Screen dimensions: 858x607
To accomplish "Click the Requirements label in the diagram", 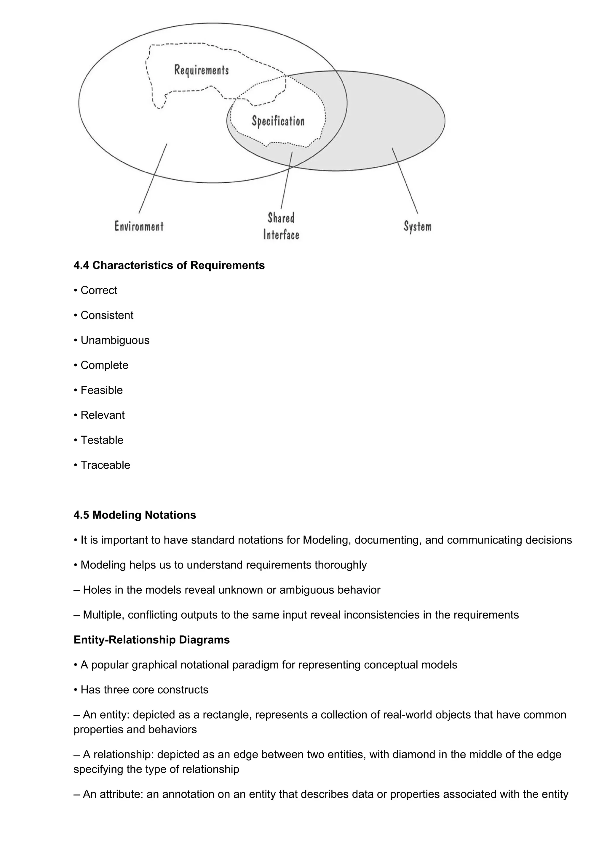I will coord(201,70).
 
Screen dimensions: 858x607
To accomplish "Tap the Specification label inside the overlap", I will coord(278,121).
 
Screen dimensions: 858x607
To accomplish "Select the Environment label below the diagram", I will coord(139,226).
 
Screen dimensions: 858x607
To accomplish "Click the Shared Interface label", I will coord(281,226).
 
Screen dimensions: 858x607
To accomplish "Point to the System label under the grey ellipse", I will coord(417,226).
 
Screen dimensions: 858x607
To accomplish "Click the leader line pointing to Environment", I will coord(153,179).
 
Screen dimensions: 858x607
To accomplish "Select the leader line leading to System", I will coord(405,181).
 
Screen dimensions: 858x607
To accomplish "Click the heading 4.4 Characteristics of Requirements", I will coord(169,265).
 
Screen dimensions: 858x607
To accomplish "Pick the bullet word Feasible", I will coord(101,390).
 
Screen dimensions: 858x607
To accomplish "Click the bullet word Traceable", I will coord(105,465).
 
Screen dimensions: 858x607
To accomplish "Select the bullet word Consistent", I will coord(107,315).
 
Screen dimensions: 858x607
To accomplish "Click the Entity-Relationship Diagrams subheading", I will coord(151,640).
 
